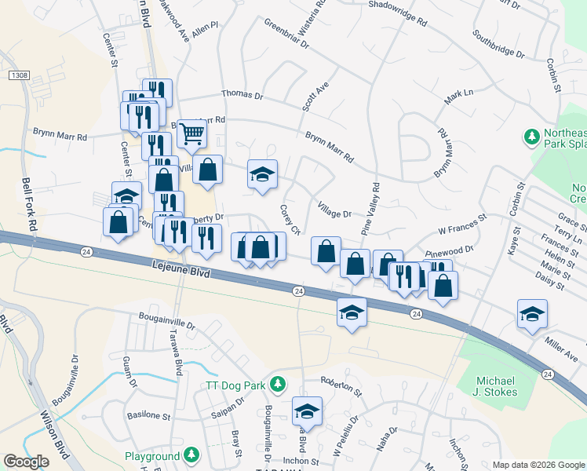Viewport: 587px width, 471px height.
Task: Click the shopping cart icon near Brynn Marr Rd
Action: (x=191, y=133)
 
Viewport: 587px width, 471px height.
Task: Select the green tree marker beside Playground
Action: (x=191, y=455)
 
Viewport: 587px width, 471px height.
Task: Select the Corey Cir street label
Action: (x=290, y=220)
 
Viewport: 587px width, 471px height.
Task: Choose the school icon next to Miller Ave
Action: (x=533, y=313)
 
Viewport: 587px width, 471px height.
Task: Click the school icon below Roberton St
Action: (x=307, y=411)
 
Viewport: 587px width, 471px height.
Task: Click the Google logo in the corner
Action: (x=26, y=462)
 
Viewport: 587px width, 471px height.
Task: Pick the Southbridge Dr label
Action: (x=498, y=45)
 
